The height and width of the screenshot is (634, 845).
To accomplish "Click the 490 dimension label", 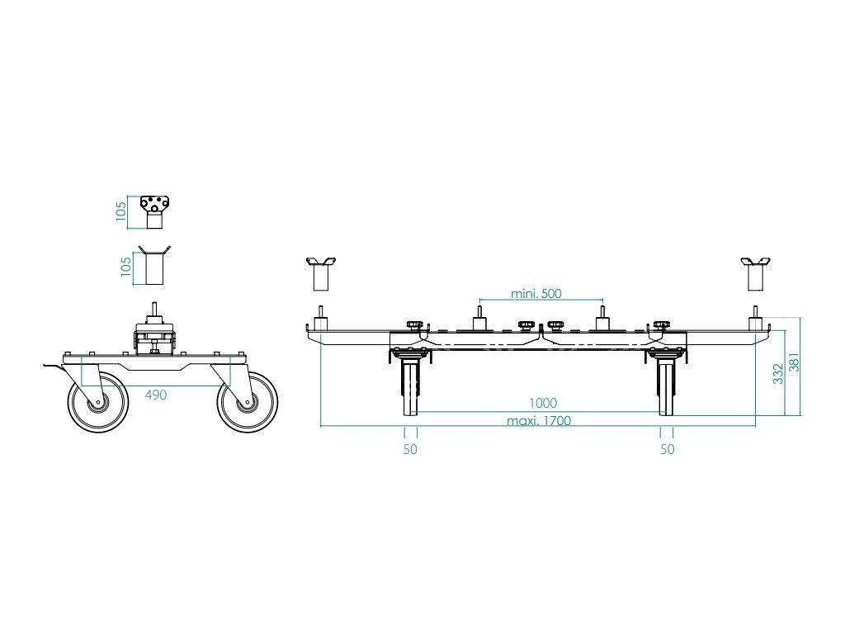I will pyautogui.click(x=156, y=395).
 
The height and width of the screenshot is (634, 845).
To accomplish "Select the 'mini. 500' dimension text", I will pyautogui.click(x=536, y=294).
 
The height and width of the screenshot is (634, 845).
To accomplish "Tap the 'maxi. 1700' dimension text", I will pyautogui.click(x=538, y=421).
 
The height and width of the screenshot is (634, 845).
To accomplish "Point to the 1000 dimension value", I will pyautogui.click(x=543, y=404).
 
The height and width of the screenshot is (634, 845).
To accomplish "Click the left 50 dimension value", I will pyautogui.click(x=410, y=449).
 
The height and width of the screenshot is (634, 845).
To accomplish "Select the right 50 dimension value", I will pyautogui.click(x=668, y=449).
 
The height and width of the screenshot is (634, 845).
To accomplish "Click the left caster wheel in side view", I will pyautogui.click(x=98, y=402).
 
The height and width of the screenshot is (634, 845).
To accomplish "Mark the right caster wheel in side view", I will pyautogui.click(x=247, y=402).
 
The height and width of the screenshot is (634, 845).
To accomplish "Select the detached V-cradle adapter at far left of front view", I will pyautogui.click(x=321, y=274).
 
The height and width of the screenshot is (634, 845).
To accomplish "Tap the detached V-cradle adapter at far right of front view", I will pyautogui.click(x=755, y=274).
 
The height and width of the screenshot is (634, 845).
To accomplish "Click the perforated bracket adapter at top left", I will pyautogui.click(x=153, y=211).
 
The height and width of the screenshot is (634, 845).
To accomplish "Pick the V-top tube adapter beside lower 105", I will pyautogui.click(x=154, y=265).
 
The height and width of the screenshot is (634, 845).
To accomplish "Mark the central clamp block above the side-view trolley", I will pyautogui.click(x=153, y=338).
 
